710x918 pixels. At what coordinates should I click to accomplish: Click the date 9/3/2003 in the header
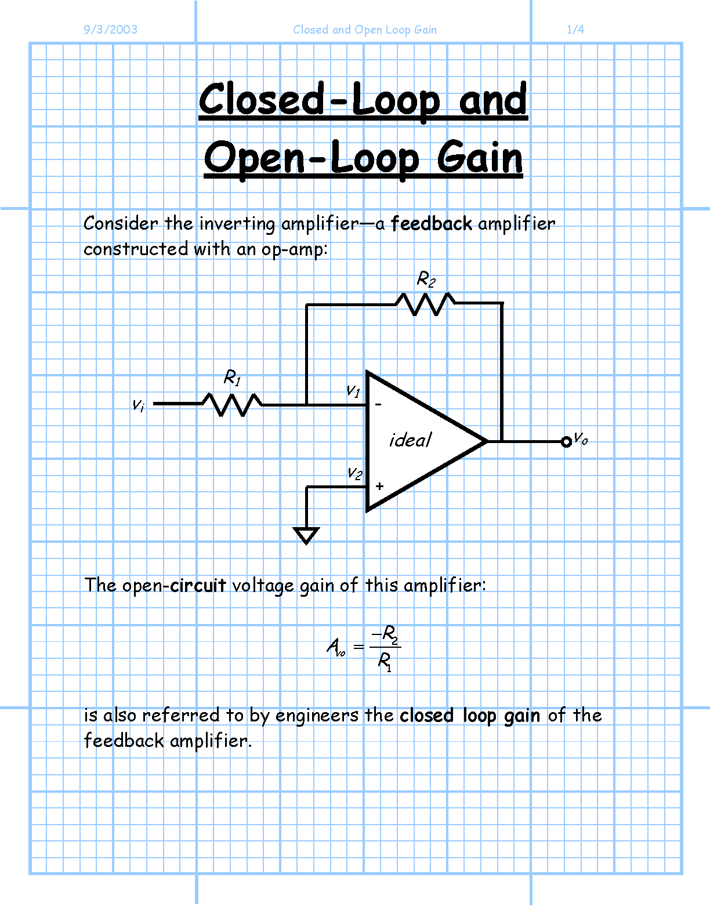click(x=111, y=30)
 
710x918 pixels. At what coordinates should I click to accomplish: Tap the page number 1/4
click(x=575, y=30)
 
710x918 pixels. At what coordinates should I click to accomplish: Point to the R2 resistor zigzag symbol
click(x=425, y=304)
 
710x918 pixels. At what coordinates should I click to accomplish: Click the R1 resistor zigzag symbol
click(x=232, y=405)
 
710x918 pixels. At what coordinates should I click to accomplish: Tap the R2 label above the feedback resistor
click(x=426, y=279)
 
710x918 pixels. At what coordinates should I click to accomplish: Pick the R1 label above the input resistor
click(x=232, y=378)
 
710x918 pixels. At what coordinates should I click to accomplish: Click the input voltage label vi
click(x=138, y=405)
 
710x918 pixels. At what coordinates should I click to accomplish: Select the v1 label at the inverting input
click(x=353, y=391)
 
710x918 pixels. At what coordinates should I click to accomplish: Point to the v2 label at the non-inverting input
click(x=354, y=474)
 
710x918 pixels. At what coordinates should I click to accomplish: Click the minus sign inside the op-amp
click(x=378, y=404)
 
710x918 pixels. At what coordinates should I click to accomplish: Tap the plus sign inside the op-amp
click(x=379, y=486)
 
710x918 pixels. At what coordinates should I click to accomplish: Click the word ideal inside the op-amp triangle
click(x=410, y=440)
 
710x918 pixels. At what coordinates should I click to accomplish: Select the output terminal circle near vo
click(x=566, y=442)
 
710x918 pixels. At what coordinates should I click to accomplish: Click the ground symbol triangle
click(x=306, y=535)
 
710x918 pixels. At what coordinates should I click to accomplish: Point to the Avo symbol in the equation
click(x=336, y=647)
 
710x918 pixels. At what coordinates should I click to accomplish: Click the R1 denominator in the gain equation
click(x=385, y=662)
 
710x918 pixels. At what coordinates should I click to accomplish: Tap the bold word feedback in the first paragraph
click(x=431, y=223)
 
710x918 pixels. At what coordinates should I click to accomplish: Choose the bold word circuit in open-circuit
click(x=198, y=585)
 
